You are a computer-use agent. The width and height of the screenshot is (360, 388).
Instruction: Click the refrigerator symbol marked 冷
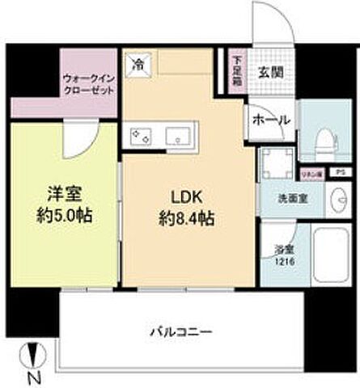tap(138, 62)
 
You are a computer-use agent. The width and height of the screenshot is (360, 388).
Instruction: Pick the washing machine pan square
tap(276, 164)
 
